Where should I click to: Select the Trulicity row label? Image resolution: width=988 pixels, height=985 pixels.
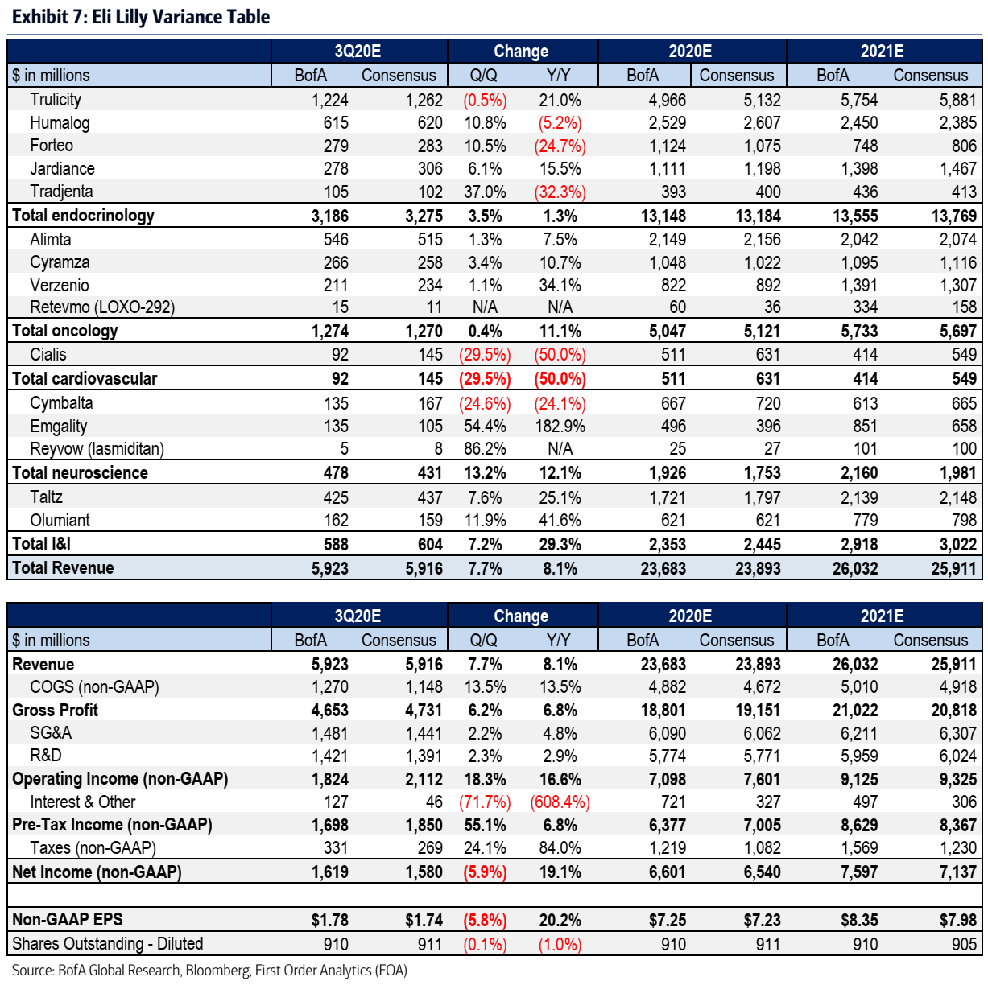[x=56, y=100]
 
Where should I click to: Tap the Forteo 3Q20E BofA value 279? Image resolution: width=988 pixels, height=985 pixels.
[x=335, y=146]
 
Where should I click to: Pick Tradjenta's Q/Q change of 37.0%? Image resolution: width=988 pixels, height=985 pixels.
[x=485, y=192]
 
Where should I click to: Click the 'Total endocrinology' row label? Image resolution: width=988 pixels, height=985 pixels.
[x=83, y=216]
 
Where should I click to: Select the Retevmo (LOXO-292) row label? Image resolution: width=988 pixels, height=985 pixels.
[x=102, y=307]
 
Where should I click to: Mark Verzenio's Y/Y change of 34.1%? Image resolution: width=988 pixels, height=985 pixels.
[x=560, y=286]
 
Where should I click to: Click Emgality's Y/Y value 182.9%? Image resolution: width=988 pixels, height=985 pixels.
[x=560, y=427]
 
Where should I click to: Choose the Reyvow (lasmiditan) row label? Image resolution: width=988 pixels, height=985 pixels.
[x=97, y=449]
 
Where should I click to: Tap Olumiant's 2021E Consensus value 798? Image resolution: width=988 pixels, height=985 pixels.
[x=963, y=521]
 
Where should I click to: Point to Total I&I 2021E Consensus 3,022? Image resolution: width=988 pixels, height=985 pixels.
[x=957, y=545]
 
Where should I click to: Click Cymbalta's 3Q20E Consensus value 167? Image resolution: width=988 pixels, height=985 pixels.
[x=430, y=404]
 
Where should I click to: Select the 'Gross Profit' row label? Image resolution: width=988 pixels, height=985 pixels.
[x=55, y=711]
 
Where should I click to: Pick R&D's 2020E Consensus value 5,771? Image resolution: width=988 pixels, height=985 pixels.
[x=761, y=756]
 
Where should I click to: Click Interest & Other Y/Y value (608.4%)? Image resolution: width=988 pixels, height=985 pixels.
[x=560, y=802]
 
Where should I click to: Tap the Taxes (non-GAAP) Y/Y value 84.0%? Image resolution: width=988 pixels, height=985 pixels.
[x=560, y=848]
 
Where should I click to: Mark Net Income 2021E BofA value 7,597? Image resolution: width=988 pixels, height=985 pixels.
[x=859, y=872]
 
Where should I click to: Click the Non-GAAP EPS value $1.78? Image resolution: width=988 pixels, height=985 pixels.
[x=329, y=921]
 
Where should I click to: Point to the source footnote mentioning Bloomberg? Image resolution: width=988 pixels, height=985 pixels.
[x=209, y=971]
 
